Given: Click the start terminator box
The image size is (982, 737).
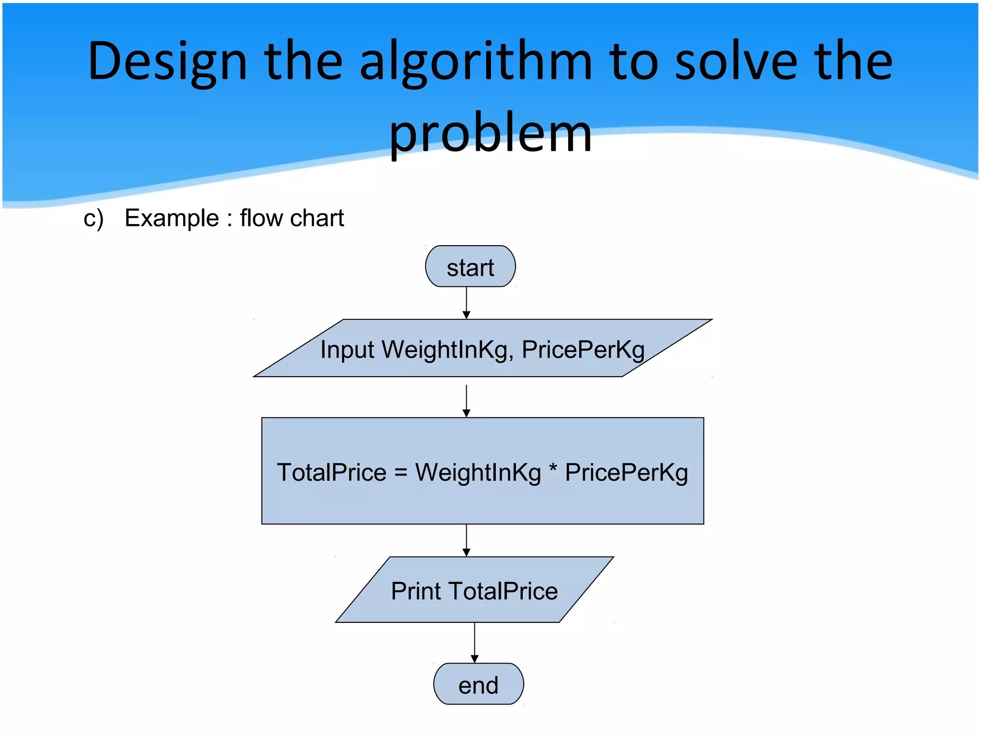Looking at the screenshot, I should pos(470,267).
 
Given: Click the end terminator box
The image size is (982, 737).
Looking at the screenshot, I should pos(478,684).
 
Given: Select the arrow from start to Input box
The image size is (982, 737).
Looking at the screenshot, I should pos(466,302).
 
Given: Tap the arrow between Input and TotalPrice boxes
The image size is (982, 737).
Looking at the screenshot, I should pos(466,400).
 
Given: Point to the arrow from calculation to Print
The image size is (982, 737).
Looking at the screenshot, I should pos(466,540).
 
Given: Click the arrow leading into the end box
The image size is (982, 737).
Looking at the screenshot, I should pos(474,642).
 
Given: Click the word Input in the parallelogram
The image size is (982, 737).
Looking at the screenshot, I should pos(347,349).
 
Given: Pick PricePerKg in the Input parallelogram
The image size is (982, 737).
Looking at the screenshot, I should pos(583,349).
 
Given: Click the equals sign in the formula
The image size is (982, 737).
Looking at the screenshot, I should pos(401,473).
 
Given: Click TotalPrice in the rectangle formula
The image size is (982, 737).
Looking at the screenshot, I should pos(331,473).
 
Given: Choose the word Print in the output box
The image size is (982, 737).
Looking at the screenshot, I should pos(415,591).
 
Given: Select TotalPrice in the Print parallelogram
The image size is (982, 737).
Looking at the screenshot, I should pos(503,591).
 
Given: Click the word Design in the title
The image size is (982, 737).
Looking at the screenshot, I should pos(167,62).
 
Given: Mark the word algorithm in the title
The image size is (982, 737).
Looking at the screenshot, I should pos(476,62).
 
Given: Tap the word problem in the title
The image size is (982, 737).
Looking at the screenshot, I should pos(490,133).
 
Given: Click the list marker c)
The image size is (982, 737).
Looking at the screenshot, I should pos(94,219).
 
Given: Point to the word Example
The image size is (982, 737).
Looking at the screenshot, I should pos(172,218).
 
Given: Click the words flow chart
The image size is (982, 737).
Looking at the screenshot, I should pos(292,218).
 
